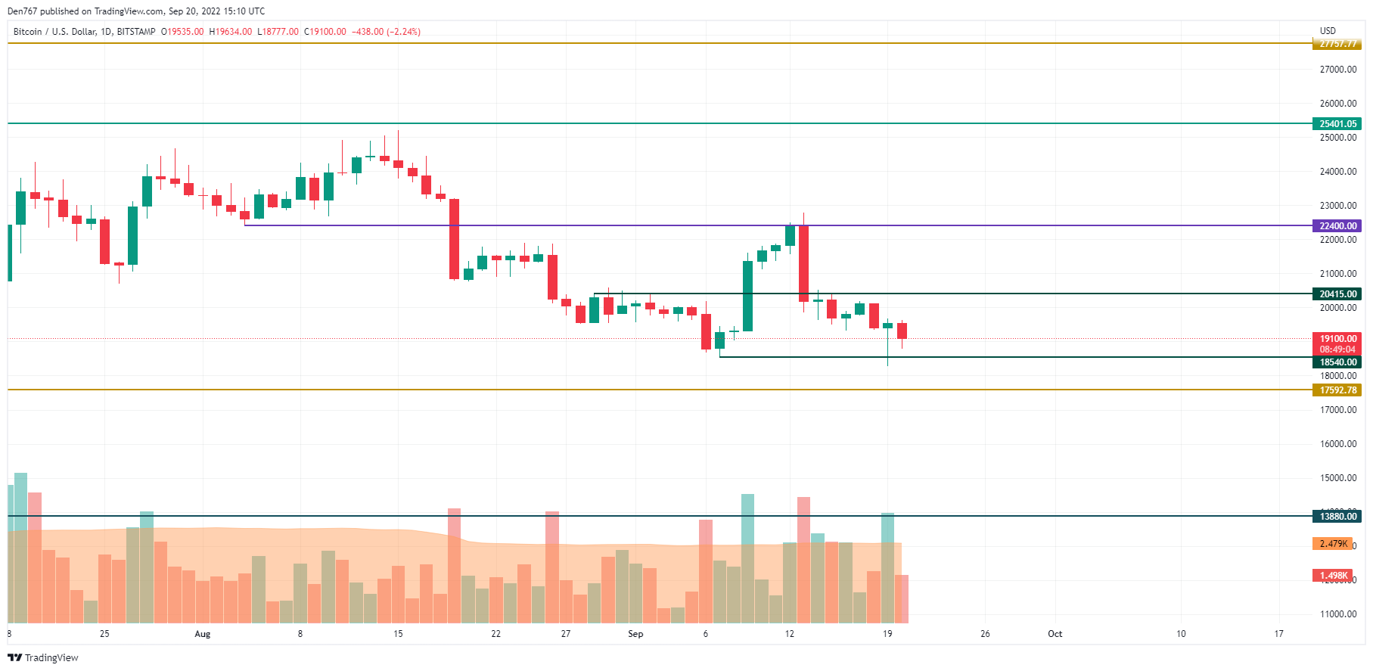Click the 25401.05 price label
[1337, 123]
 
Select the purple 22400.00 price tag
[1337, 225]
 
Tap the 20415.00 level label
[1337, 294]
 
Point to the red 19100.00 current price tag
[1337, 339]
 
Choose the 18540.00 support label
[1337, 362]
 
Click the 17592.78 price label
[1337, 390]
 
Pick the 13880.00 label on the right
[1337, 516]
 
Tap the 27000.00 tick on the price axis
[1337, 69]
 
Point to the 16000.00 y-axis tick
[1337, 443]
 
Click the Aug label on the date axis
[202, 634]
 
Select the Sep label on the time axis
[635, 634]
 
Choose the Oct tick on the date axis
[1055, 634]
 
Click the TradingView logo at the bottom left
[43, 657]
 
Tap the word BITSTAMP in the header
[136, 32]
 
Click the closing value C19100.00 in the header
[325, 32]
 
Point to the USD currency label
[1328, 31]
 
